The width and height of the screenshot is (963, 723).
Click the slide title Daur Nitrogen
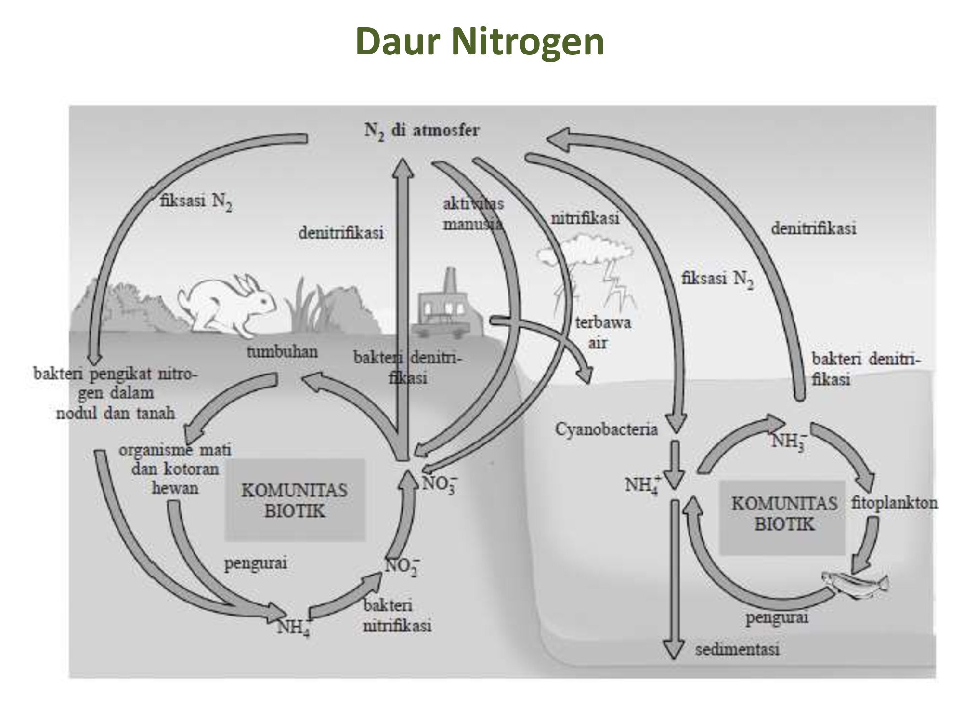480,42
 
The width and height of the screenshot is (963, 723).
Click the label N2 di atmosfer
422,131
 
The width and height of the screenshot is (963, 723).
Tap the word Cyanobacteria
606,429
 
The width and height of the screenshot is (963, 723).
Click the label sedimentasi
737,650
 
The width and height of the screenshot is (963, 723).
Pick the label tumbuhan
283,352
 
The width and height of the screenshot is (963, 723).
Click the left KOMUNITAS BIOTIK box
295,500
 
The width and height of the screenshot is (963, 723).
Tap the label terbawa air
602,333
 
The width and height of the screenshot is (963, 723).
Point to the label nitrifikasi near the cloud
585,218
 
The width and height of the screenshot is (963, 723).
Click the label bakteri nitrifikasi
397,616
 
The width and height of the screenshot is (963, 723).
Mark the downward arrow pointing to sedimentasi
674,578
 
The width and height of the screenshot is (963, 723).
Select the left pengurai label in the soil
256,563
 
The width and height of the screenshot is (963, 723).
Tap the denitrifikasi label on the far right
814,228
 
